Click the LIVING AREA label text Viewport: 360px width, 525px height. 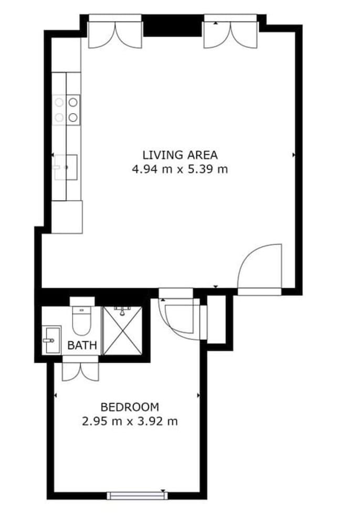(x=179, y=155)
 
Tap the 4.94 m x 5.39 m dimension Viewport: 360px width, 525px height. (x=179, y=169)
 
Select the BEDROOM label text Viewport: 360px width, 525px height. (x=129, y=407)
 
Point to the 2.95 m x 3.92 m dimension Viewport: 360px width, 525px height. (x=129, y=421)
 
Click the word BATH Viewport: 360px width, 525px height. (x=82, y=345)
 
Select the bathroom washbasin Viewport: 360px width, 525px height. (x=51, y=340)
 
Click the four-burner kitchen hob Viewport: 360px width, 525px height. (x=67, y=109)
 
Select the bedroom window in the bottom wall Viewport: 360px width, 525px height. (x=136, y=495)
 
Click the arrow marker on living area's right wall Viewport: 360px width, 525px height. (x=293, y=155)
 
